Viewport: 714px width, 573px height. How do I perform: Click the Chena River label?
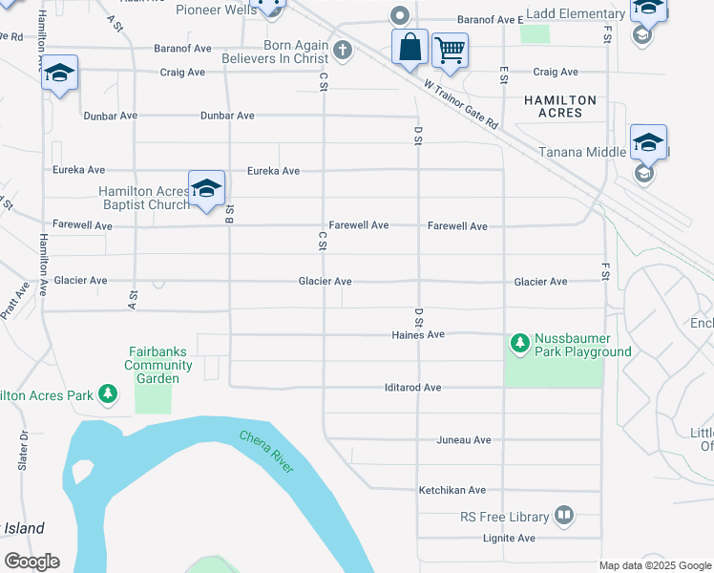pyautogui.click(x=267, y=452)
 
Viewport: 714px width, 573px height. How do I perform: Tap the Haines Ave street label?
pyautogui.click(x=418, y=335)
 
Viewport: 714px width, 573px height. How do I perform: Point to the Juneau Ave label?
pyautogui.click(x=463, y=440)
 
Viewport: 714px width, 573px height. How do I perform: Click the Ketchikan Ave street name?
pyautogui.click(x=452, y=490)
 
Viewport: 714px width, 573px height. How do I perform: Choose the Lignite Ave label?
pyautogui.click(x=506, y=539)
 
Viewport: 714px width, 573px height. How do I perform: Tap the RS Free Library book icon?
pyautogui.click(x=564, y=517)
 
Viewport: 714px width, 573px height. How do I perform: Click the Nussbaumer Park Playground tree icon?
pyautogui.click(x=520, y=342)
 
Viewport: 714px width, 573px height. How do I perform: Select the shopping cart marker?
pyautogui.click(x=450, y=50)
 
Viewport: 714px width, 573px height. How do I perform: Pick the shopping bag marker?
pyautogui.click(x=409, y=48)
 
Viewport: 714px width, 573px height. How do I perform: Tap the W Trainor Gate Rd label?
pyautogui.click(x=461, y=104)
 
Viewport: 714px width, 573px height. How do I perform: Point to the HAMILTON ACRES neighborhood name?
pyautogui.click(x=560, y=106)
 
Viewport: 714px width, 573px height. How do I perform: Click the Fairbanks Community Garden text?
pyautogui.click(x=152, y=365)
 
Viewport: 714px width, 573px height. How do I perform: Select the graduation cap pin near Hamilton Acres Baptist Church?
pyautogui.click(x=205, y=188)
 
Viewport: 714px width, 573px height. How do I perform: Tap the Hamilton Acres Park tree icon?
pyautogui.click(x=109, y=394)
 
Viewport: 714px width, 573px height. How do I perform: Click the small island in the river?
pyautogui.click(x=83, y=471)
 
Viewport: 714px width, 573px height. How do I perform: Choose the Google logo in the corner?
pyautogui.click(x=31, y=562)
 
